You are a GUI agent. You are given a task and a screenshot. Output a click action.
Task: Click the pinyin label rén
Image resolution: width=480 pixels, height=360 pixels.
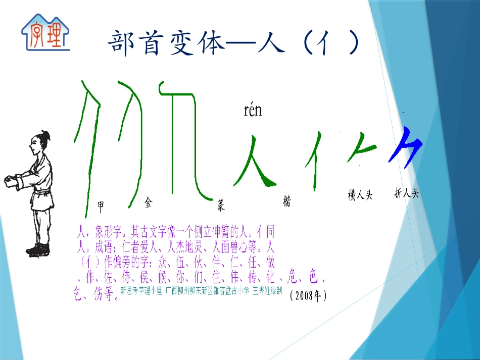253,110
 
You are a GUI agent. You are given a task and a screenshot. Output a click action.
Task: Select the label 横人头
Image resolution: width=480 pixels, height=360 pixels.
360,195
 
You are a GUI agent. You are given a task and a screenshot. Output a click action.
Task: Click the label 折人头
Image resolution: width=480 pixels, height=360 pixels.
407,193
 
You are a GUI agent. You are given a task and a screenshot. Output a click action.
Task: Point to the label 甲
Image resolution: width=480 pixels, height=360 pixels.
101,205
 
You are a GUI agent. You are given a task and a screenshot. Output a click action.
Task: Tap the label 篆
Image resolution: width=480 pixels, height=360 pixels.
220,204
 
